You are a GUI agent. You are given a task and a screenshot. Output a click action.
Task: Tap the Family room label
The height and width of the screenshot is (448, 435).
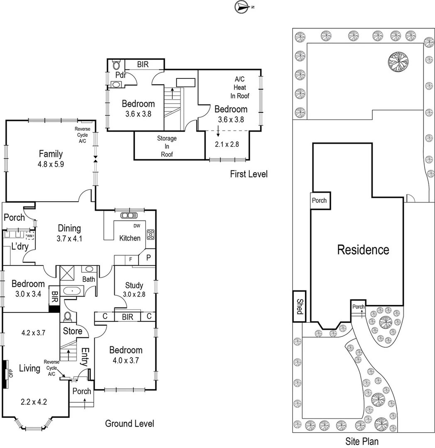(x=51, y=153)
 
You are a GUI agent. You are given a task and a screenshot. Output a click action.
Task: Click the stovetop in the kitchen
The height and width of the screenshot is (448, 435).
(x=151, y=234)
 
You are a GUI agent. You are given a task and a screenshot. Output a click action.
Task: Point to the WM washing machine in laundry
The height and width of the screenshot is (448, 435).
(x=29, y=236)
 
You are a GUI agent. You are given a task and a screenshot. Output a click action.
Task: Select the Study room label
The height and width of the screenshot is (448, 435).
(x=134, y=285)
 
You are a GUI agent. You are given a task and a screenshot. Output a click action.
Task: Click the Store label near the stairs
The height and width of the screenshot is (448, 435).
(x=72, y=331)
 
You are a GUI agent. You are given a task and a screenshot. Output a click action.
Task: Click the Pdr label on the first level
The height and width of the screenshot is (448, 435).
(x=120, y=75)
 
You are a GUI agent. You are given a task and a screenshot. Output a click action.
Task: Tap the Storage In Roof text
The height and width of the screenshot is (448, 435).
(x=167, y=146)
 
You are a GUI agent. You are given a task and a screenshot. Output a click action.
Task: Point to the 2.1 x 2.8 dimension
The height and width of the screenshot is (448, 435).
(x=227, y=144)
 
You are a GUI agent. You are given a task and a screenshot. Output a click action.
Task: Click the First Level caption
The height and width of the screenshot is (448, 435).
(x=249, y=174)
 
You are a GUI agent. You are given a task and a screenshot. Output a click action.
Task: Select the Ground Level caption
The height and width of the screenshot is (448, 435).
(x=130, y=424)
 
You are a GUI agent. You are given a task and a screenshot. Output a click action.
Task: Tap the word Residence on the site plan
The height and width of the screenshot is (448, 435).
(x=363, y=250)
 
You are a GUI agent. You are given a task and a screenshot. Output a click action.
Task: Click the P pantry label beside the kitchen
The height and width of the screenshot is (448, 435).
(x=148, y=257)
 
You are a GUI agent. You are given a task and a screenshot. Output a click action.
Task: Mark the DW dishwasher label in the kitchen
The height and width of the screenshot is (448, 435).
(x=137, y=226)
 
